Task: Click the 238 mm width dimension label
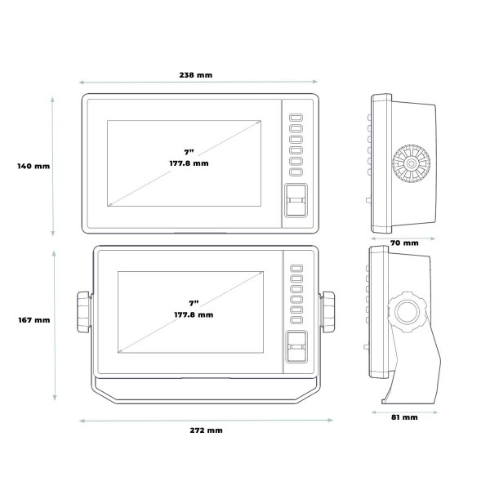click(196, 75)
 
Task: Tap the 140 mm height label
click(33, 166)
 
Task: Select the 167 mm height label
click(34, 320)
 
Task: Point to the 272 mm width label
click(207, 430)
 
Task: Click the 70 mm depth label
click(404, 243)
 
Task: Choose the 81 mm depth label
click(404, 417)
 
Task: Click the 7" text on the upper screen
click(189, 152)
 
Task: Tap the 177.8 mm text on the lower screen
click(194, 314)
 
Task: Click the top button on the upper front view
click(296, 118)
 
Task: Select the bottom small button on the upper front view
click(296, 171)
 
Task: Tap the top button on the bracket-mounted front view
click(296, 268)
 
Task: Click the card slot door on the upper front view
click(296, 200)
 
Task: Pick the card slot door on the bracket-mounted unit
click(296, 346)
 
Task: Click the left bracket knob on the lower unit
click(83, 312)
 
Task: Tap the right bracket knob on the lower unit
click(327, 312)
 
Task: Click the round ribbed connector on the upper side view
click(412, 163)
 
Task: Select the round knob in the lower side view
click(407, 312)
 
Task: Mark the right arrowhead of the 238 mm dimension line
click(315, 82)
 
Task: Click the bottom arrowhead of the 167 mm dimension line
click(55, 398)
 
